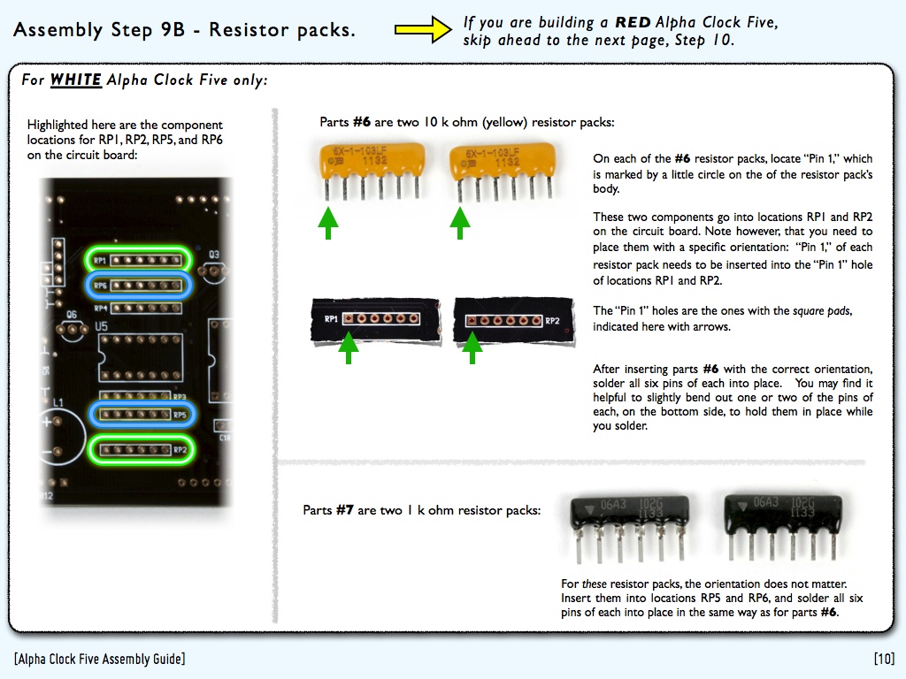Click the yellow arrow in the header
point(423,31)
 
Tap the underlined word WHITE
point(75,80)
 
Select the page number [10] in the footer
point(883,659)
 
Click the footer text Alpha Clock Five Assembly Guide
point(100,659)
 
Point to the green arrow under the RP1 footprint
point(350,347)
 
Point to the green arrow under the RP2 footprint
point(473,347)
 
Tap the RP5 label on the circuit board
point(179,414)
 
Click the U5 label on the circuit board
point(102,326)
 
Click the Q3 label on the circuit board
point(214,254)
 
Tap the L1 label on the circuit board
point(58,403)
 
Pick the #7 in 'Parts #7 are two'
point(345,510)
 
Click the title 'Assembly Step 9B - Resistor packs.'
point(185,30)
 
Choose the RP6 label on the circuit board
point(100,286)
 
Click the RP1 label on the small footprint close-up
point(331,318)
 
